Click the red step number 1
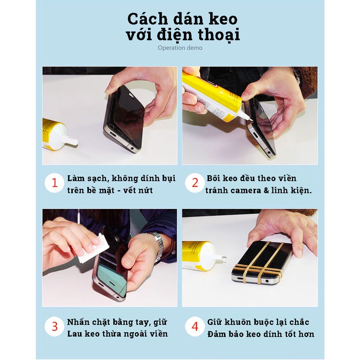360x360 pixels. tap(55, 183)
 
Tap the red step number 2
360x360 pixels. tap(195, 183)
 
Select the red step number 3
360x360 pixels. tap(55, 326)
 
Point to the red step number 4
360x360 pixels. tap(195, 326)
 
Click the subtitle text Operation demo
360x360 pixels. tap(180, 48)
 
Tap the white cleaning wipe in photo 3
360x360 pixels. tap(93, 249)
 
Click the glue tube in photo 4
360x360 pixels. tap(200, 254)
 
